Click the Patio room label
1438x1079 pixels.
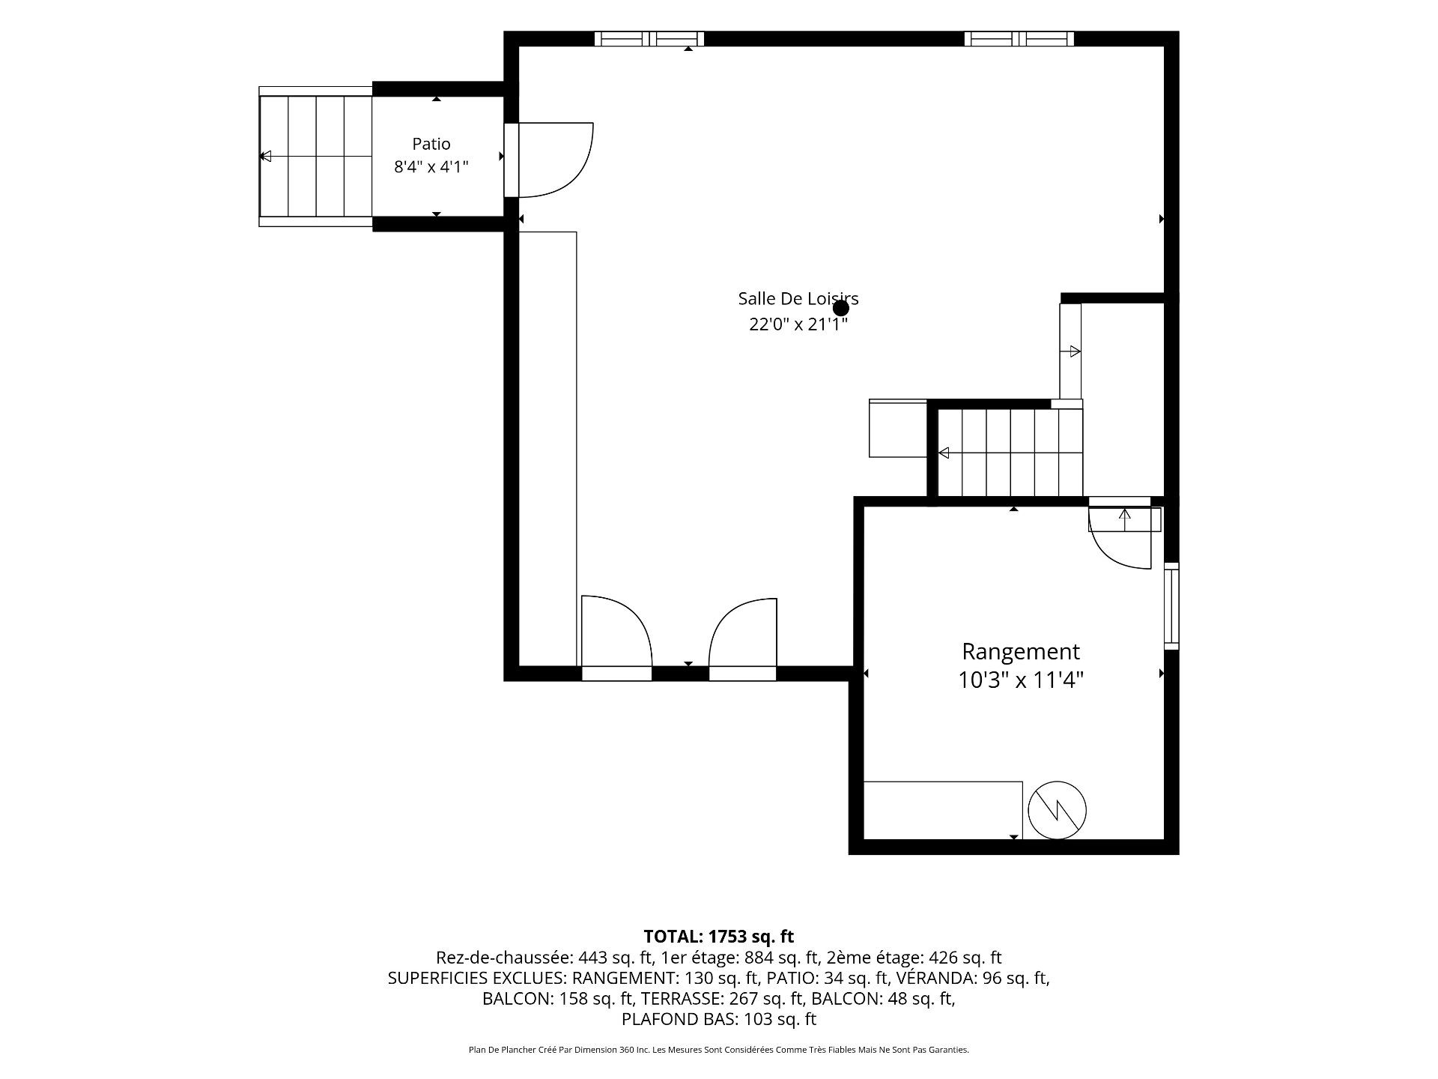tap(431, 144)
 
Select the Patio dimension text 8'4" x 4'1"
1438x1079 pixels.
tap(431, 166)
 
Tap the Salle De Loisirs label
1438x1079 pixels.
tap(798, 298)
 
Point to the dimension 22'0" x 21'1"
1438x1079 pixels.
tap(798, 324)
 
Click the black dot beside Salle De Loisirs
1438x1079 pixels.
tap(841, 308)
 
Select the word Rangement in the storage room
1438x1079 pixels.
tap(1021, 651)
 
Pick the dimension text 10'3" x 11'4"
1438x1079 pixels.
tap(1021, 680)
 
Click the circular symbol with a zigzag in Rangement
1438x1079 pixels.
tap(1057, 810)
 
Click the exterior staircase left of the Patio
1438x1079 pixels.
tap(315, 157)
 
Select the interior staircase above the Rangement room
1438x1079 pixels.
tap(1010, 453)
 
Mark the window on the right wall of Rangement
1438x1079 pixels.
tap(1171, 606)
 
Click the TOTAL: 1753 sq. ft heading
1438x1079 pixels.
tap(718, 937)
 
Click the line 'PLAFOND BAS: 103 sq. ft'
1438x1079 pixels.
tap(719, 1019)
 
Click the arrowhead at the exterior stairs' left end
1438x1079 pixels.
tap(264, 157)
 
